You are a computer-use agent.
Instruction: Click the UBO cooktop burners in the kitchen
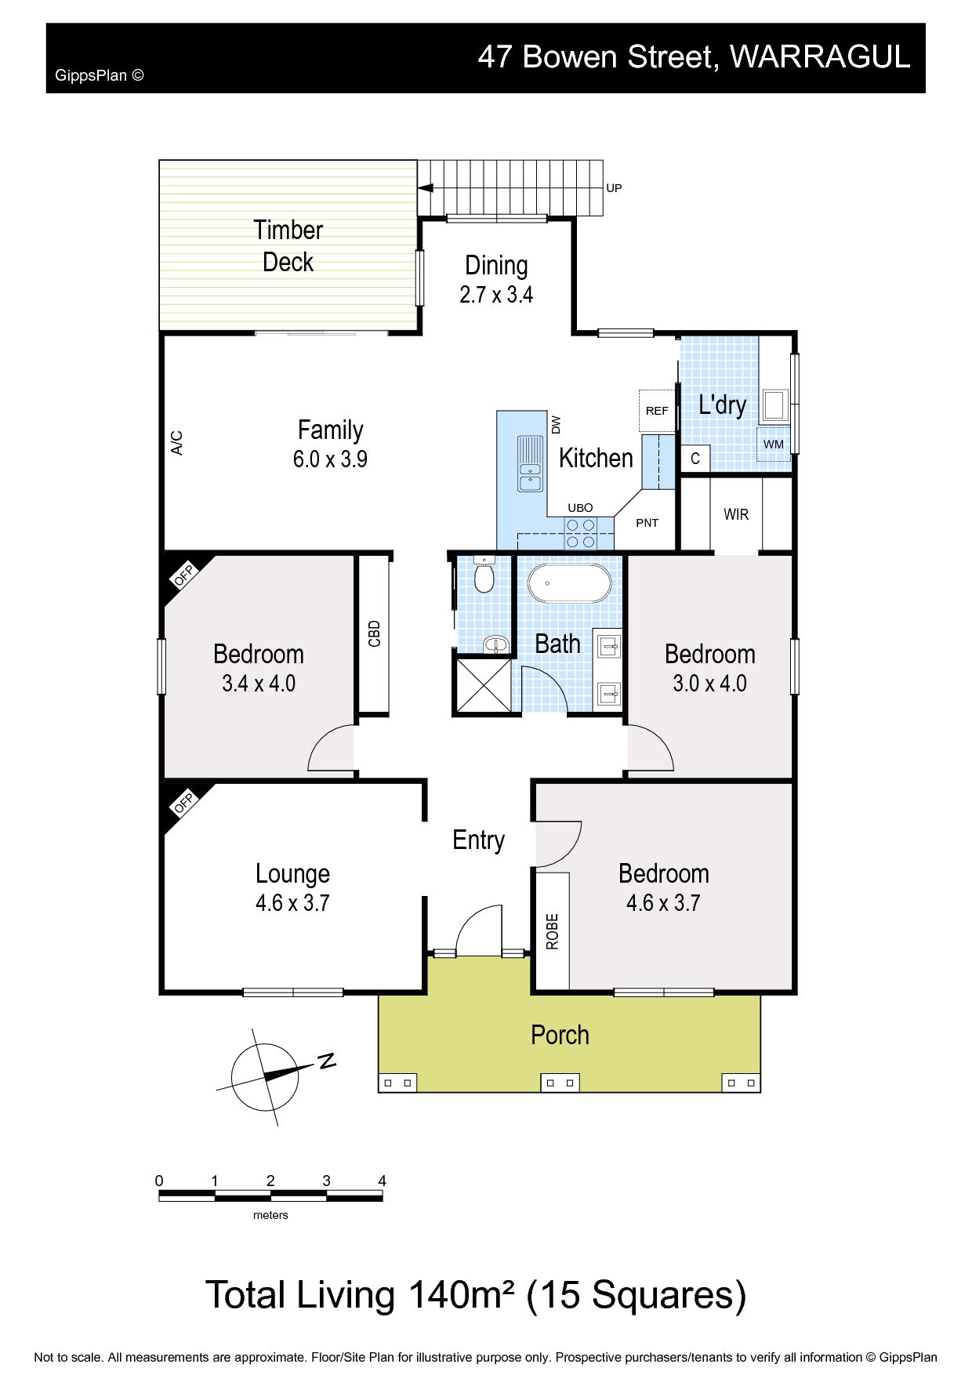[580, 533]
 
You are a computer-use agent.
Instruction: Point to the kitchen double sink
[530, 463]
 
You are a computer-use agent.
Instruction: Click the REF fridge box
[657, 411]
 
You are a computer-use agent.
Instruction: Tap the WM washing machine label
[774, 444]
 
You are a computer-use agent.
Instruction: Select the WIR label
[736, 514]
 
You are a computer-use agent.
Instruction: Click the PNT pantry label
[647, 523]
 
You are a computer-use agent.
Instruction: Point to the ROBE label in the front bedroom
[553, 931]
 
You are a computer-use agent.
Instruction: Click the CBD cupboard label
[374, 633]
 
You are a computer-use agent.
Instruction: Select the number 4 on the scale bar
[382, 1181]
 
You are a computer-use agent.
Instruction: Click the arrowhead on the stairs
[426, 188]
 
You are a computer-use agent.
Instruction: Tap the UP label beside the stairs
[614, 188]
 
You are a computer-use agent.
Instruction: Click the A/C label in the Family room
[177, 443]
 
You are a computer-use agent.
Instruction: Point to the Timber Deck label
[288, 245]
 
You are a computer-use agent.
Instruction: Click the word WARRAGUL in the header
[820, 56]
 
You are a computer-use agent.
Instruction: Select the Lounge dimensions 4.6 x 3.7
[292, 903]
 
